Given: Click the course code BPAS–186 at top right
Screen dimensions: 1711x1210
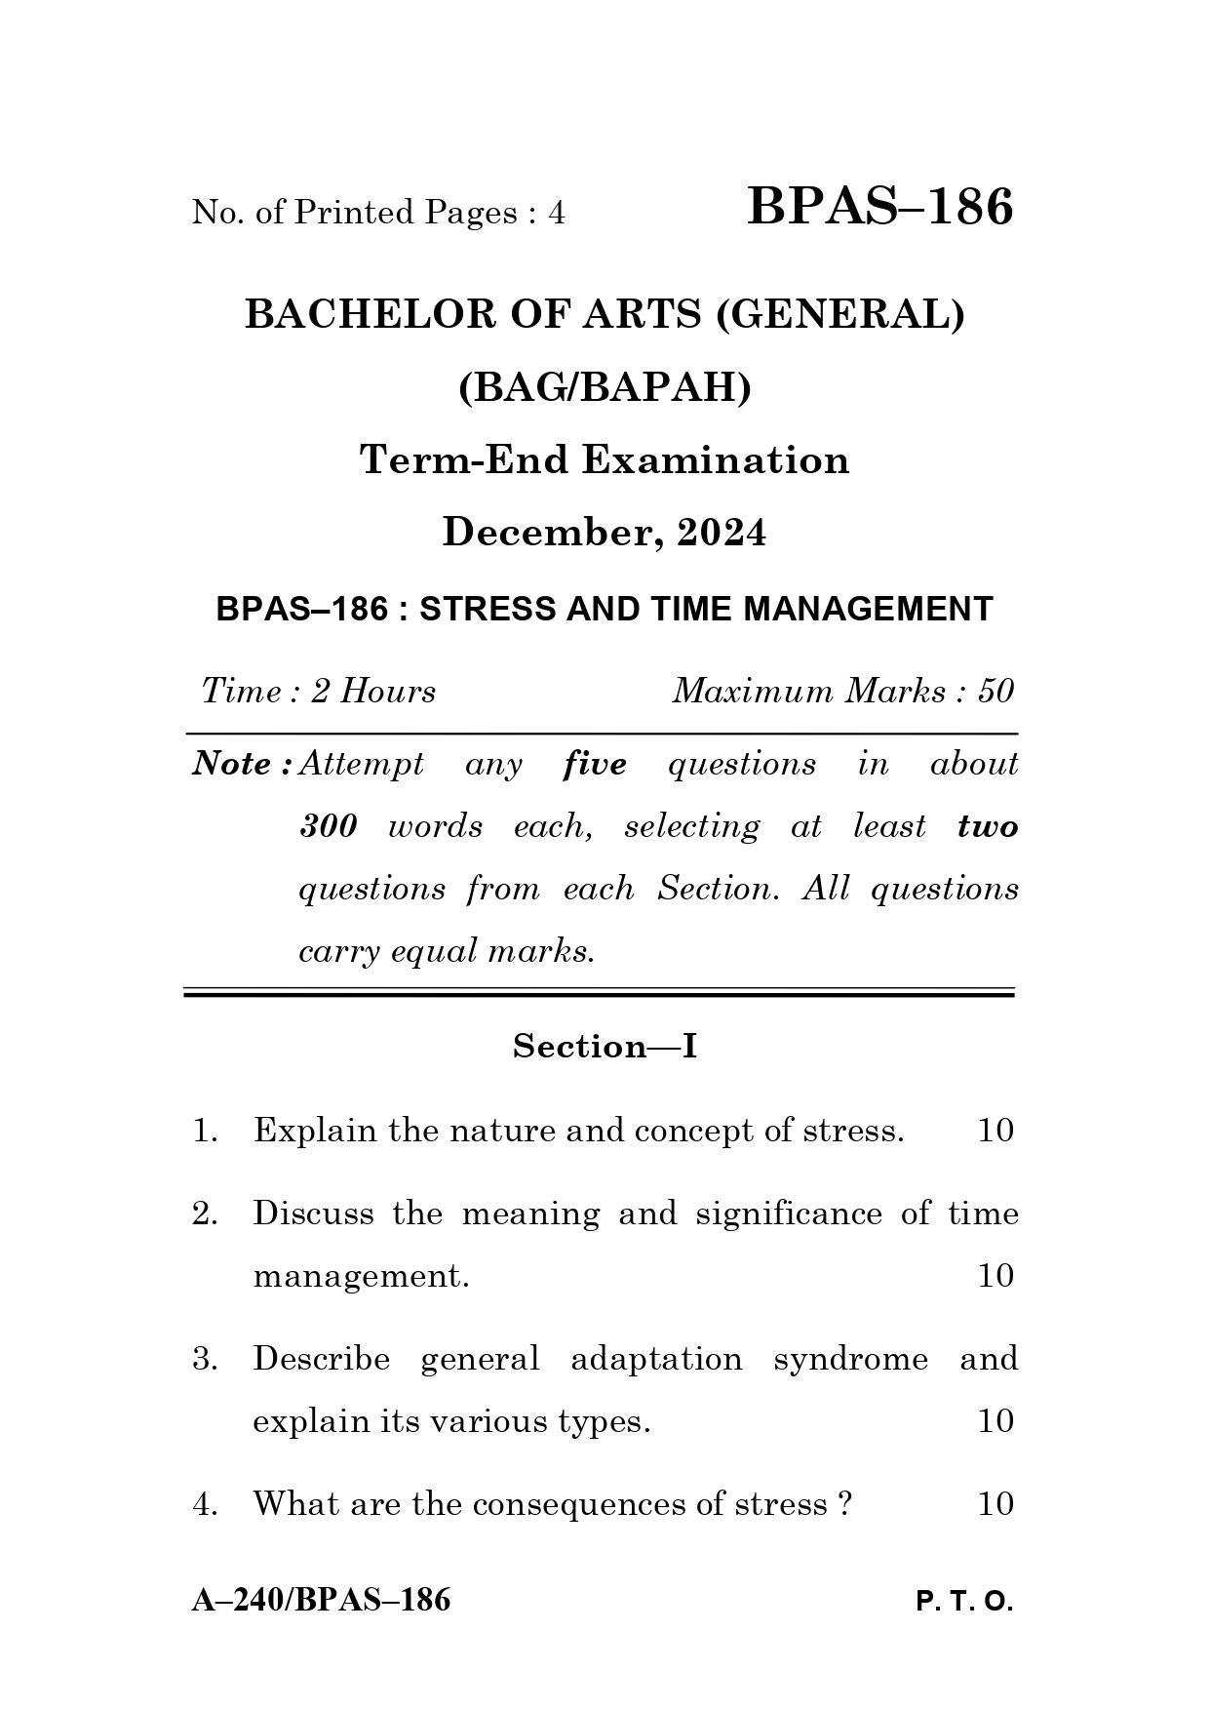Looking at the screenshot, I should pos(879,208).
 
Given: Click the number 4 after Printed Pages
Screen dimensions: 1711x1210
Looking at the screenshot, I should pos(557,213).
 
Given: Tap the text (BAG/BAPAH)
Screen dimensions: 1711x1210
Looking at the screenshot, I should pos(605,388).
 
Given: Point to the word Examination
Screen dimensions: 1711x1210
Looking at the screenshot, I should pos(716,460).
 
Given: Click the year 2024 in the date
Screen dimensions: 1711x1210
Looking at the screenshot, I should pos(722,533).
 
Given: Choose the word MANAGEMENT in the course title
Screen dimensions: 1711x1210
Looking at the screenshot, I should pos(868,610).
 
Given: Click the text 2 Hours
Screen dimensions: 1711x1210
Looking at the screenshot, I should pos(373,692).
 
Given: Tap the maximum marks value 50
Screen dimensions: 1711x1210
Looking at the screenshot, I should pos(995,692).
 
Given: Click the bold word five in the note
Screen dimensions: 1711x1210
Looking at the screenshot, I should pos(595,764).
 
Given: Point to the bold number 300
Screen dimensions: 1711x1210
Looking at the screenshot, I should pos(328,826).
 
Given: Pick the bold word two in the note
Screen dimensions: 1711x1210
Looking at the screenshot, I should pos(988,826).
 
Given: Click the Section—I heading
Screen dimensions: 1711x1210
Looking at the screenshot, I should pos(605,1047).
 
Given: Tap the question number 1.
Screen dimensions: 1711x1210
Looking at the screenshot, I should pos(204,1132).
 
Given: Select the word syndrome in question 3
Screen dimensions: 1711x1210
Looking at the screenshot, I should pos(850,1359).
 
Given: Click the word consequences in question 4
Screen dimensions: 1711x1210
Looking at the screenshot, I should pos(579,1504).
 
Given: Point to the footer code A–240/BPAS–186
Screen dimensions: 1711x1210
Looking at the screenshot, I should pos(321,1600).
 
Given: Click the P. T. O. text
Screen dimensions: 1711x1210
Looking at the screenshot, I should pos(964,1602).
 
